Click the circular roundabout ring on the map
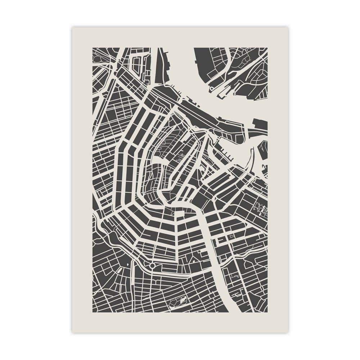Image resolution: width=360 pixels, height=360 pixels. (x=152, y=266)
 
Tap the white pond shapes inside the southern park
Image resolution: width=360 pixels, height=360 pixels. (x=182, y=298)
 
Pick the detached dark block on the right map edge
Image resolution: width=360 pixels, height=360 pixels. (x=260, y=124)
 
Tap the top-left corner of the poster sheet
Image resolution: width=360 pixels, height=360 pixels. (x=72, y=27)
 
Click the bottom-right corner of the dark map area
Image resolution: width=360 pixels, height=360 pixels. (x=267, y=312)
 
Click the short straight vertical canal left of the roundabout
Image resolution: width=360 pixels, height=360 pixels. (x=134, y=274)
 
